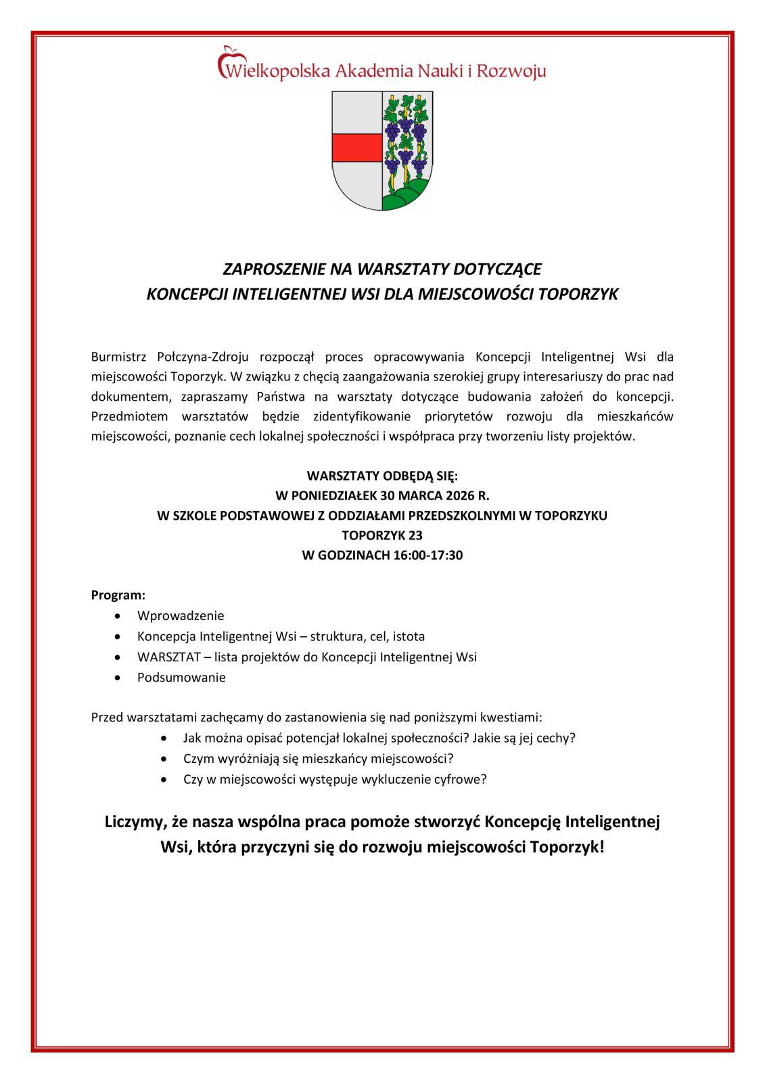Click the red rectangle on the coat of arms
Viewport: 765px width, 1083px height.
point(356,146)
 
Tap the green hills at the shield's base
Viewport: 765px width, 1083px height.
point(406,196)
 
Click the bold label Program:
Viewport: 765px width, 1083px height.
point(118,596)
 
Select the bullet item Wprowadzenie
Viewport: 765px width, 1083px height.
point(181,616)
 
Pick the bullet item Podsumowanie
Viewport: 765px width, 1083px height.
point(181,677)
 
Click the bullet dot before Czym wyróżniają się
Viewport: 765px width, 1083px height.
point(165,759)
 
